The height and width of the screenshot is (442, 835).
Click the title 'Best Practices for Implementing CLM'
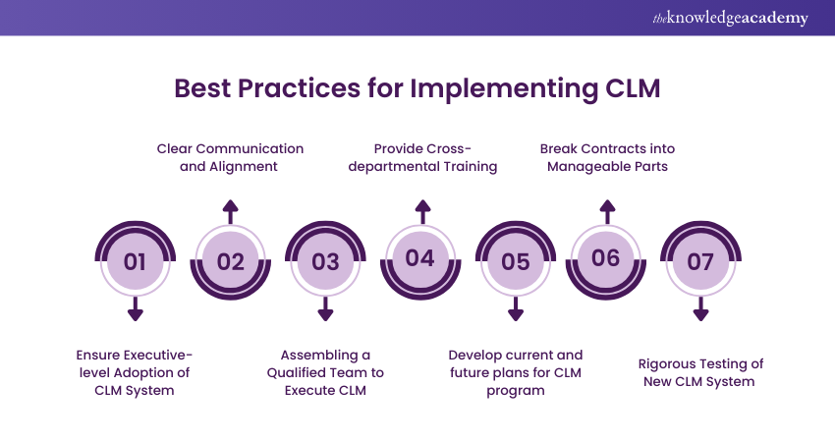[x=417, y=87]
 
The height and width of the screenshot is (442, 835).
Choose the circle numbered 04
[x=420, y=258]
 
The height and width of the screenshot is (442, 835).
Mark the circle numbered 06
[x=607, y=258]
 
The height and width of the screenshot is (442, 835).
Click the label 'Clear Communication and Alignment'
[x=230, y=157]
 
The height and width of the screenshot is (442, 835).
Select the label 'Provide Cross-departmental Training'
[x=421, y=157]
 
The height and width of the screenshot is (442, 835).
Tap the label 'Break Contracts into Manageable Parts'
[x=607, y=157]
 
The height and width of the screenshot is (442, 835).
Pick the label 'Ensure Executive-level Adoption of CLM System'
[x=136, y=372]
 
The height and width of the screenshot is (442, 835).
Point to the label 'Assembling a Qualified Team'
[x=325, y=372]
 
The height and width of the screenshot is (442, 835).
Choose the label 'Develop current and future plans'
[x=515, y=372]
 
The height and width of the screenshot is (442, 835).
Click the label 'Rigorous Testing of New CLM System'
[x=700, y=372]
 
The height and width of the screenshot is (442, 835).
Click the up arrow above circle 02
[x=230, y=210]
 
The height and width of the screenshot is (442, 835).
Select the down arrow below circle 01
[x=136, y=310]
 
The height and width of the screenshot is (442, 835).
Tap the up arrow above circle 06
[x=607, y=210]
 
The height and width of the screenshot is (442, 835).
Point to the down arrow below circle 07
[x=700, y=310]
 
